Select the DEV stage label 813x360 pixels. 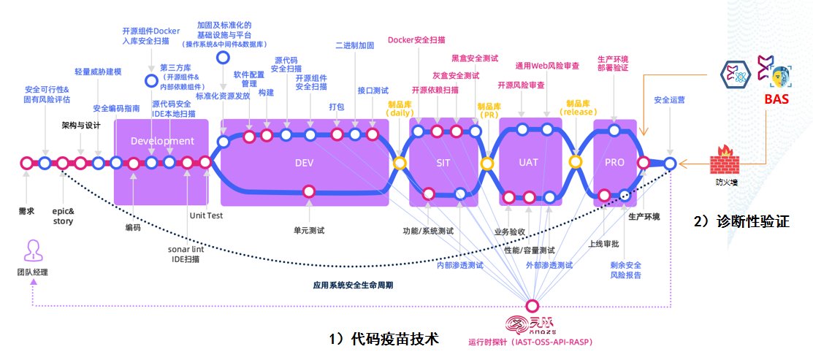304,162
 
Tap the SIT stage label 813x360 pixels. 443,162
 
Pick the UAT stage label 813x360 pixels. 528,162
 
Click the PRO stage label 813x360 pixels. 614,162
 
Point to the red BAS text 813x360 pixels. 775,99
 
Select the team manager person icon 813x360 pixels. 32,250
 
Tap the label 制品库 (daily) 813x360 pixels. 400,109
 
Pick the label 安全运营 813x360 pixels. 669,99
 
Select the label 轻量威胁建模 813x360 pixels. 98,72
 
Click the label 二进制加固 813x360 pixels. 355,45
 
